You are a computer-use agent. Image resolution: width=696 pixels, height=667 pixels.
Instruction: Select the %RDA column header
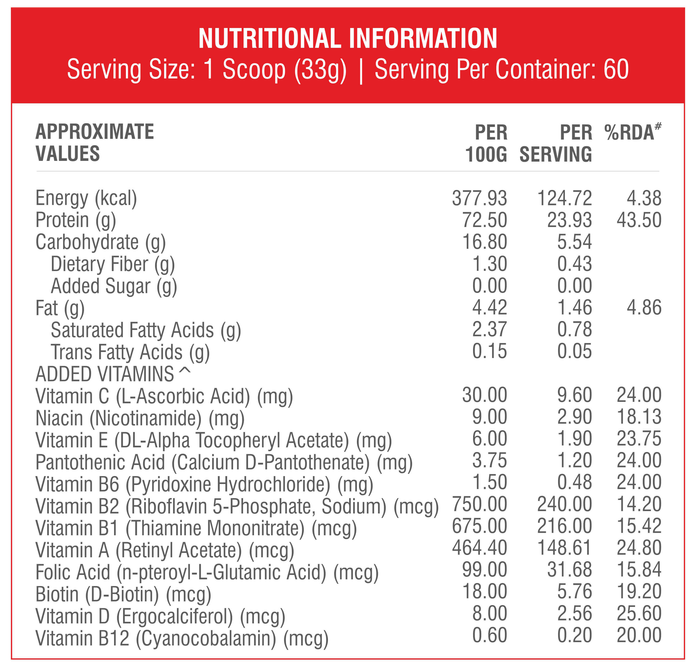tap(633, 132)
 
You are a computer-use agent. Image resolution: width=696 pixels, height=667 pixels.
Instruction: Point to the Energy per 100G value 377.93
tap(479, 198)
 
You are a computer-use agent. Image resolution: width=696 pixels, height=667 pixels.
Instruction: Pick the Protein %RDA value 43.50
tap(639, 220)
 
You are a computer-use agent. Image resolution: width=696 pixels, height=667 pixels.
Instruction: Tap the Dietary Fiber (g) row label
tap(113, 265)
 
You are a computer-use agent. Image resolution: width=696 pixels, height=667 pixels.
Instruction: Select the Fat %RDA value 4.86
tap(644, 308)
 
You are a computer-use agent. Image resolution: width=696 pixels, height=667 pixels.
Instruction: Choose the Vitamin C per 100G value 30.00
tap(484, 395)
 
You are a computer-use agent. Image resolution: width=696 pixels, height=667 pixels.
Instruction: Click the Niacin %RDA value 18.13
tap(639, 417)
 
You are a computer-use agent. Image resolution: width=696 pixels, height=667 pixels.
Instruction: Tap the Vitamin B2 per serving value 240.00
tap(565, 504)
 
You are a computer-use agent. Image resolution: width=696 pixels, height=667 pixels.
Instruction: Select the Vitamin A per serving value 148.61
tap(565, 548)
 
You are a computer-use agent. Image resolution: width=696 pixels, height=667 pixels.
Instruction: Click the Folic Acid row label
tap(207, 573)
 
